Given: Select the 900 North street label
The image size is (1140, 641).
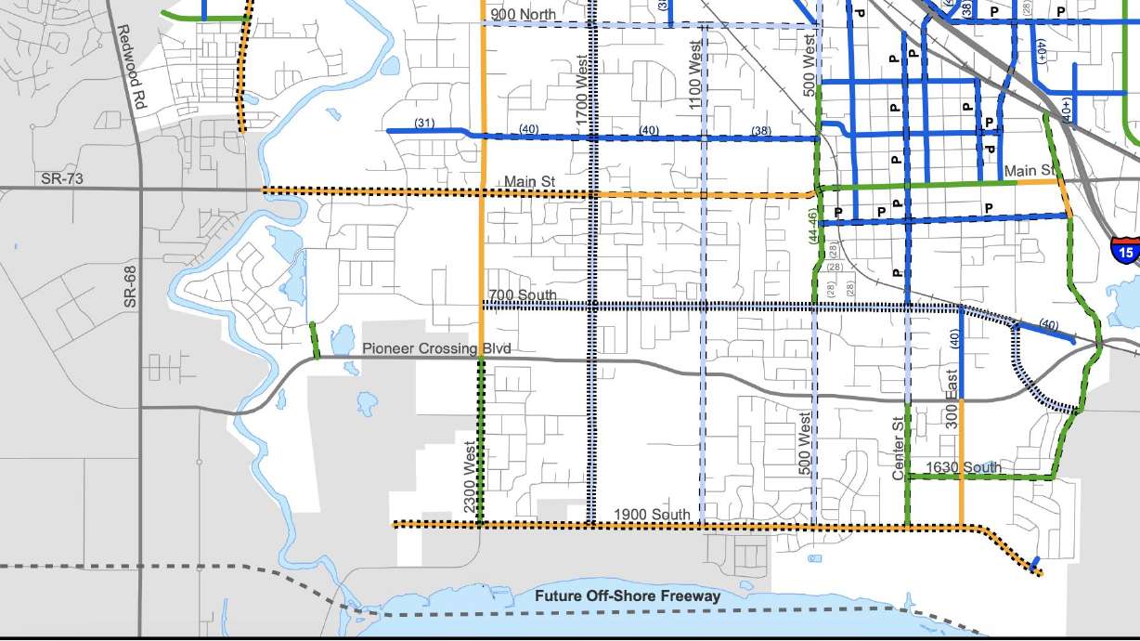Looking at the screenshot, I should [x=524, y=14].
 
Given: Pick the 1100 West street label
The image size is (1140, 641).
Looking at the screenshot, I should [x=695, y=74].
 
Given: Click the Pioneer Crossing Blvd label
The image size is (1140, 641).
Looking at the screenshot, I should [x=436, y=348].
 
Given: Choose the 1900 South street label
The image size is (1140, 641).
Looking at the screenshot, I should [x=652, y=515].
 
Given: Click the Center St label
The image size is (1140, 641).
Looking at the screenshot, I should [x=898, y=449].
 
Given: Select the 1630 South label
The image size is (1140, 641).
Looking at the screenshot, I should [x=964, y=467].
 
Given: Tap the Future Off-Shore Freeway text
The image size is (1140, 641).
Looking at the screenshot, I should [x=627, y=595].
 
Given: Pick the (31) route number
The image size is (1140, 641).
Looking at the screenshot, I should [x=425, y=123].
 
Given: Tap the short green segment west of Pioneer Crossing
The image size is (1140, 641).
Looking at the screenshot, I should [x=315, y=340].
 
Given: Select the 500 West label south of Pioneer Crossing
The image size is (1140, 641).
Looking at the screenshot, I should [x=805, y=445].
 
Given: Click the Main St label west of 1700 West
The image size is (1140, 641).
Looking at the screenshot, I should [x=529, y=182].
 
